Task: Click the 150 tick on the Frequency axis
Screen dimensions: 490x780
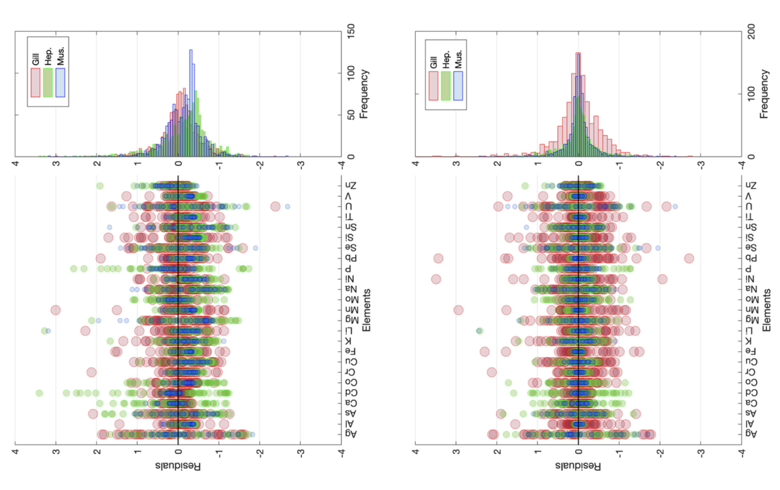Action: pyautogui.click(x=351, y=30)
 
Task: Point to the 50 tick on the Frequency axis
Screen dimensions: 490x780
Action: pyautogui.click(x=351, y=115)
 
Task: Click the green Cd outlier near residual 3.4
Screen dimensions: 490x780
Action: pyautogui.click(x=39, y=393)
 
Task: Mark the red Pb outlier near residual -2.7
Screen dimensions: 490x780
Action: pyautogui.click(x=689, y=258)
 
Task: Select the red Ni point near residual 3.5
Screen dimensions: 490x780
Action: pyautogui.click(x=436, y=279)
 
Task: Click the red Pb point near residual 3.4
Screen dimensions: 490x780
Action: pyautogui.click(x=439, y=258)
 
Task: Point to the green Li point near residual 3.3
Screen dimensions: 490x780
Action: pyautogui.click(x=44, y=331)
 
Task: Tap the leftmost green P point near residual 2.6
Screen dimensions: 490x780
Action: pyautogui.click(x=73, y=269)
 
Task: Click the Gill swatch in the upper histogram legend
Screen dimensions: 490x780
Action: pyautogui.click(x=36, y=83)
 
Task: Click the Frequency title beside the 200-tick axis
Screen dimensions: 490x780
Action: pyautogui.click(x=764, y=94)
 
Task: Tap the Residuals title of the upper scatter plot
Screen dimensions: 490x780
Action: pyautogui.click(x=178, y=466)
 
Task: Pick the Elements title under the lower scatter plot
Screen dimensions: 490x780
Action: pyautogui.click(x=767, y=310)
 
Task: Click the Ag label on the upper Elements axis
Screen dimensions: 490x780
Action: pyautogui.click(x=351, y=434)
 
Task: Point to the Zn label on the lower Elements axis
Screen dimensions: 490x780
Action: pyautogui.click(x=751, y=186)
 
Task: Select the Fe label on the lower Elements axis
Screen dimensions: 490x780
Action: pyautogui.click(x=751, y=351)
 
